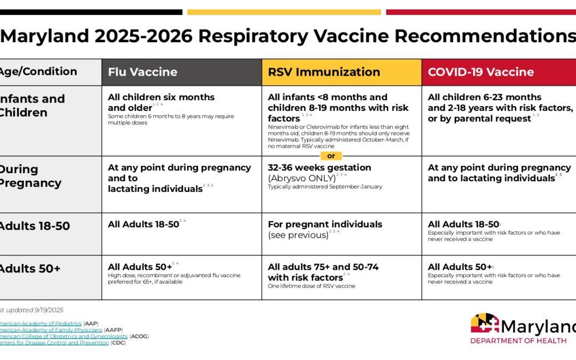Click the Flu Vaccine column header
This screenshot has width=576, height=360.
point(142,72)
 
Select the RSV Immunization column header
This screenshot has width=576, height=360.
point(324,72)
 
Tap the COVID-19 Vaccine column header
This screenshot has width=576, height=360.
point(481,72)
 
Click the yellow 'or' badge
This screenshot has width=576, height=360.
point(331,156)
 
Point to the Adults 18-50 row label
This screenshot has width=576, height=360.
point(35,226)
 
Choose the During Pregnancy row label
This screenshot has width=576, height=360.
point(30,176)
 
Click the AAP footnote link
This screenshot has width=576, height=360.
point(41,323)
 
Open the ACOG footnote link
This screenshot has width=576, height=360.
point(64,336)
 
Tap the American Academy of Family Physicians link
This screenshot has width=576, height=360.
point(53,330)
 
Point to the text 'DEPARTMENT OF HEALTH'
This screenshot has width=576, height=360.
point(518,341)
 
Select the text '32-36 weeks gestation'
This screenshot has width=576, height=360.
point(319,167)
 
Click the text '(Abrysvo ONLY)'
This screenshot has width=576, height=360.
point(302,178)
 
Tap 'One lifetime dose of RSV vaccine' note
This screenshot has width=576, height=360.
point(311,286)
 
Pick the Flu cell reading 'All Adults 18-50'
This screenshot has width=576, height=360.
point(143,224)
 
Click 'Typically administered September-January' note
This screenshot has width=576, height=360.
point(325,187)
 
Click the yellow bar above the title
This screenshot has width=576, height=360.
point(284,12)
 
